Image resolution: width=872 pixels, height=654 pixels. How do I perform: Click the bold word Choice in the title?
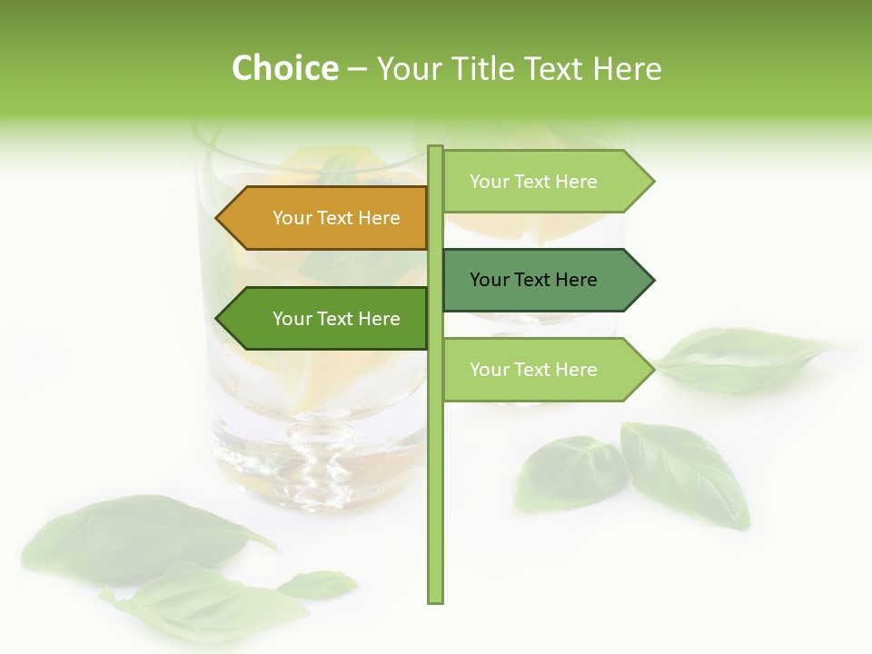point(284,68)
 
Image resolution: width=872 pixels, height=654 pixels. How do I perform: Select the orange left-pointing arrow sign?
point(322,218)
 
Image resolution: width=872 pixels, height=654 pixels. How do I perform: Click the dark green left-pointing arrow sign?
point(322,319)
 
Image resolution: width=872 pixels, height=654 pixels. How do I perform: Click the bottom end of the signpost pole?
point(435,599)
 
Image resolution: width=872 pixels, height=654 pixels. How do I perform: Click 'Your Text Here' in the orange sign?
point(336,218)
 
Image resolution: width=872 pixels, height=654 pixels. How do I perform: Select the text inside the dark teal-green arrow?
point(533,280)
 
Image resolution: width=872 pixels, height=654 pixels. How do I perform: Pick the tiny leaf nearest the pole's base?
point(318,583)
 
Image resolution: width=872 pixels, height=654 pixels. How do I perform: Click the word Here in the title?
point(627,68)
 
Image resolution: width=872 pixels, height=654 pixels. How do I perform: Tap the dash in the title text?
point(357,68)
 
